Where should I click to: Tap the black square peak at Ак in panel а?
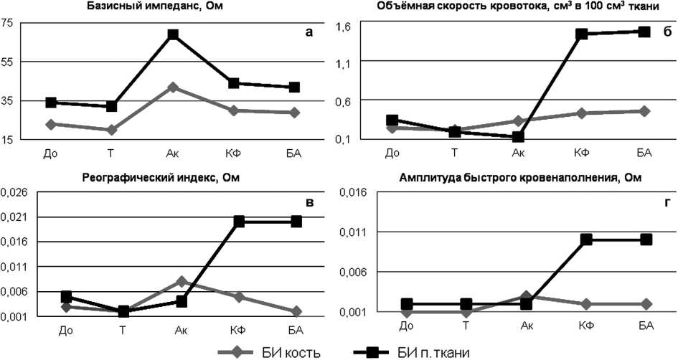pos(173,34)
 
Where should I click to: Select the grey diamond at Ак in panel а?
pos(173,87)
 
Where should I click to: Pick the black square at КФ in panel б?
pos(582,34)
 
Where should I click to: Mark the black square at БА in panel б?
pos(644,32)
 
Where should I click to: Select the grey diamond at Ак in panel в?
pos(182,282)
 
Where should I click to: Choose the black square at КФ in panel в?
pos(239,222)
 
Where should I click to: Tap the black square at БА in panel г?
pos(646,239)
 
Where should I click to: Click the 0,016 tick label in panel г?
pos(352,192)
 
